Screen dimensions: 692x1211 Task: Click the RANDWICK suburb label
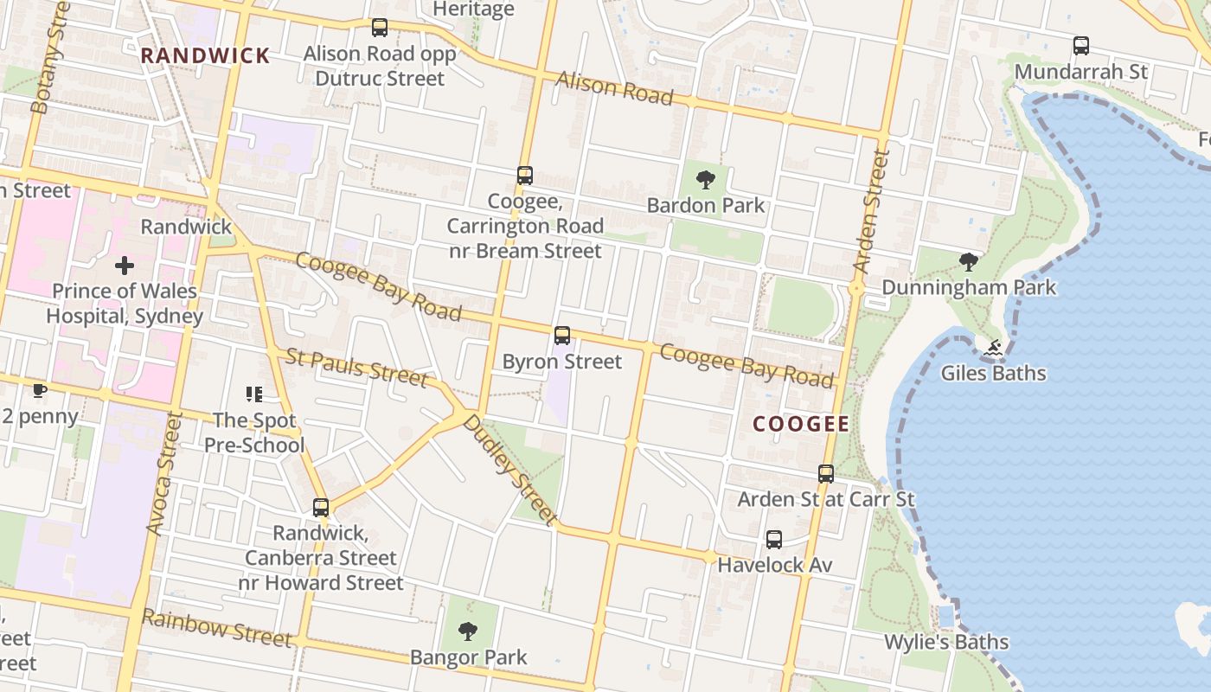(x=206, y=56)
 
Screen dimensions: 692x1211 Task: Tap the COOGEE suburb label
(x=801, y=424)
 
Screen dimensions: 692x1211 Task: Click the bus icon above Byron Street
(x=562, y=336)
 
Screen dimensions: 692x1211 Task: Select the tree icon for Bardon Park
(x=706, y=180)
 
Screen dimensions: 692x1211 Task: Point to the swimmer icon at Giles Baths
(x=993, y=348)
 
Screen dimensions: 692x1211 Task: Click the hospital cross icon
(x=125, y=266)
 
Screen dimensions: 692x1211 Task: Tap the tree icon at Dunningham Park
(x=969, y=261)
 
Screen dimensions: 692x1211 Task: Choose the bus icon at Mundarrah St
(x=1080, y=46)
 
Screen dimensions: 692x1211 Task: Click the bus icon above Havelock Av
(x=774, y=540)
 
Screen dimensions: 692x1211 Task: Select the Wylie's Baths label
(x=946, y=642)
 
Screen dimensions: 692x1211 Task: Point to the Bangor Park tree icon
(x=468, y=631)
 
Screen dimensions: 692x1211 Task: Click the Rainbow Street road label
(x=216, y=628)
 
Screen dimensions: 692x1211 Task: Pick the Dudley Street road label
(x=509, y=470)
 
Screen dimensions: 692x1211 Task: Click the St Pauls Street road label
(x=356, y=368)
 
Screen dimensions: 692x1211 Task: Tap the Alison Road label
(x=614, y=88)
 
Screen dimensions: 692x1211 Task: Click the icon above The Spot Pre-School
(x=254, y=394)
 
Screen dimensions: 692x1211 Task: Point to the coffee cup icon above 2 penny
(x=39, y=391)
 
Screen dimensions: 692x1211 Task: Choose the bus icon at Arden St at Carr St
(x=826, y=474)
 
